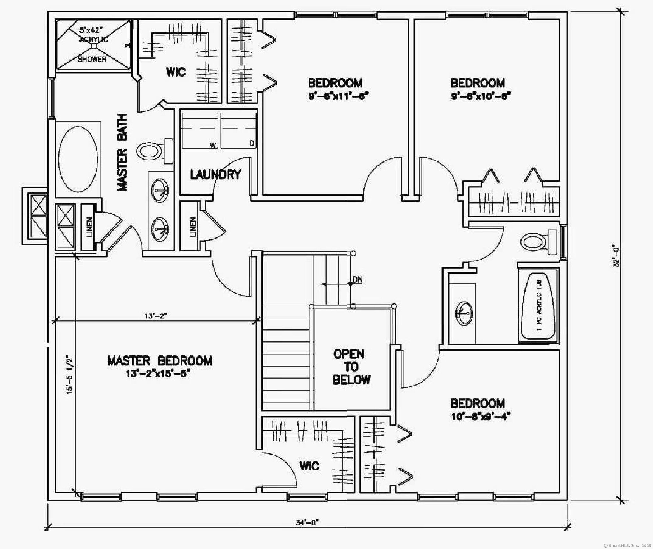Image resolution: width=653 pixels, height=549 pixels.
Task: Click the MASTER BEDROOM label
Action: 160,361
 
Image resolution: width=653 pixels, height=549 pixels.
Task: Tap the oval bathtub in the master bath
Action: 78,159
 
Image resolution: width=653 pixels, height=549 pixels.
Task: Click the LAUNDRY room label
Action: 216,175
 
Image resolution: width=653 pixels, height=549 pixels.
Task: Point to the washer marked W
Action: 200,131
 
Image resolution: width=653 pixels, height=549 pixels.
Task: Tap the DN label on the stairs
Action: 358,279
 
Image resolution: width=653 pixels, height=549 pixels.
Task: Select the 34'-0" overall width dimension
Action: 308,523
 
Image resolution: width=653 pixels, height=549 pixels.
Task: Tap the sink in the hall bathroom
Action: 464,313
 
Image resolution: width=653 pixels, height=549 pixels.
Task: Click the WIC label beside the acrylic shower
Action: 176,72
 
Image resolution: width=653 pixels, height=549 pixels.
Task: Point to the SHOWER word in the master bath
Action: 92,59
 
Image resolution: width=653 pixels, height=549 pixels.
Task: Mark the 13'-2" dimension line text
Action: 156,316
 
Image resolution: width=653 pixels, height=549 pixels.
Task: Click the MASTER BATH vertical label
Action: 122,153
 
